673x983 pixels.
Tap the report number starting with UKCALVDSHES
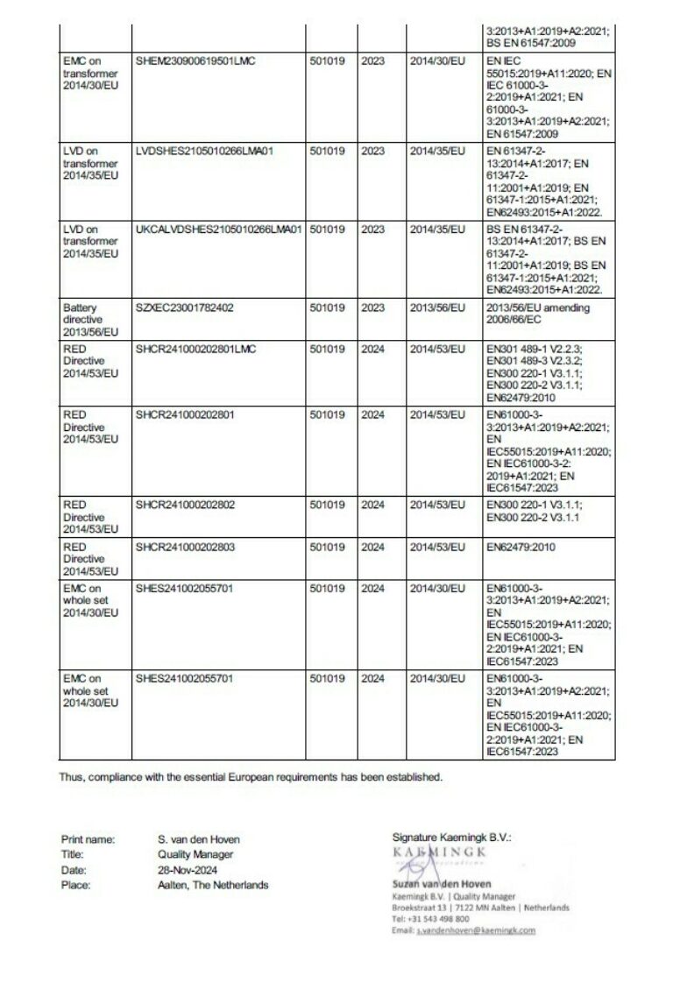point(219,230)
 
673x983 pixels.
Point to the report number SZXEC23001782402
point(184,308)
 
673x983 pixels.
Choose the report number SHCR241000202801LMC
point(195,350)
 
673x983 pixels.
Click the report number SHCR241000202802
point(185,506)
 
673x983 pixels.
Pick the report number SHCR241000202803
point(185,547)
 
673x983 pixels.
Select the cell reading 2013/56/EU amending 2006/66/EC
point(536,315)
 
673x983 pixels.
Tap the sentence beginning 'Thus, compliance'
point(251,776)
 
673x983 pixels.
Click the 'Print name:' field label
point(88,839)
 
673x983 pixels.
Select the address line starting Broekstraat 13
point(480,908)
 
